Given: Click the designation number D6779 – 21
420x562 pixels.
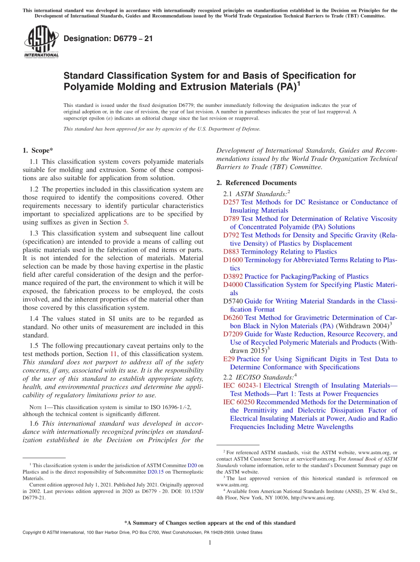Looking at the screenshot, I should (108, 39).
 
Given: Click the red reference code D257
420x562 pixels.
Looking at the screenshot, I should (231, 202).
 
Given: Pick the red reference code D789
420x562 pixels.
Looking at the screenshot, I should (231, 219).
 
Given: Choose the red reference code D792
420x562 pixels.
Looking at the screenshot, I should (231, 235).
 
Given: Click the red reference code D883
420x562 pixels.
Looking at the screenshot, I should (231, 252).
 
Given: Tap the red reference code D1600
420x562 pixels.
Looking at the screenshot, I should (233, 260).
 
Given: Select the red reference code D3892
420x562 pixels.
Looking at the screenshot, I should (233, 277).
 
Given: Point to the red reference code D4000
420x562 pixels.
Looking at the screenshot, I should (233, 285).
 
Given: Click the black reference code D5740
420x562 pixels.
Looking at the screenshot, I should (233, 301).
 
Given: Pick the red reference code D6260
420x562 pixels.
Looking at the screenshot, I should (233, 318).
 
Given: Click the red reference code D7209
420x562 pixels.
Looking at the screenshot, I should (233, 334).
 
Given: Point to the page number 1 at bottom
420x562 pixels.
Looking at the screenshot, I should (210, 543).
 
